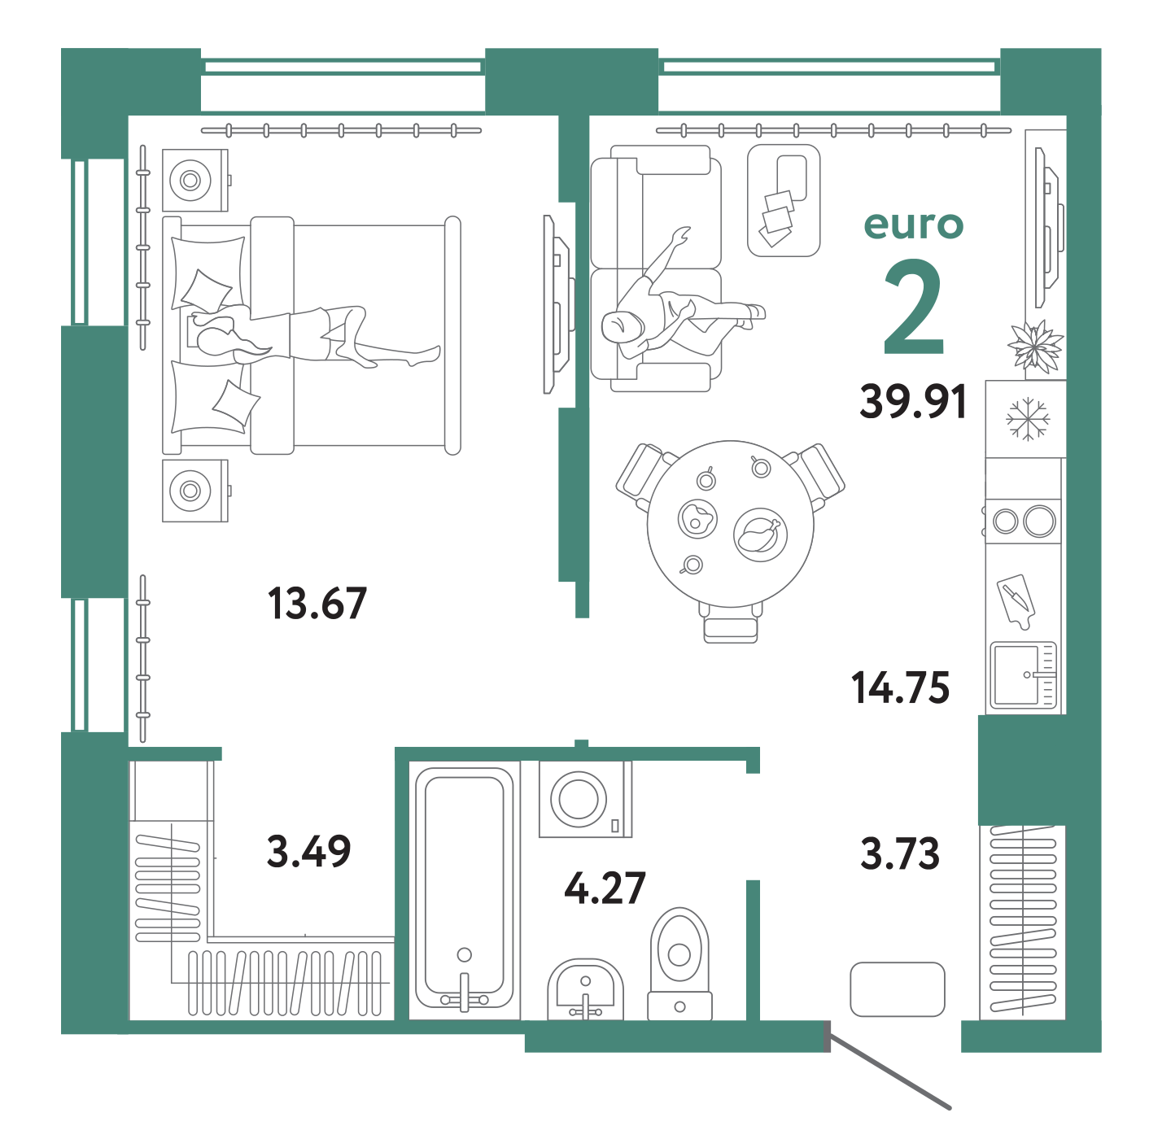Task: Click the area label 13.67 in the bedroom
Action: [x=317, y=604]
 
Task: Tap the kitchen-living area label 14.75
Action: [x=901, y=688]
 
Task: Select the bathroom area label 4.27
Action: [x=605, y=888]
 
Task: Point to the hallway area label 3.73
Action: [x=900, y=854]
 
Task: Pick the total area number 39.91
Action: [x=913, y=402]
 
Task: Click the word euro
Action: [x=913, y=225]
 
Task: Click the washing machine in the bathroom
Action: [x=584, y=799]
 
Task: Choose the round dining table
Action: [x=730, y=522]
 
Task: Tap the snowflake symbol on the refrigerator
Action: [x=1028, y=418]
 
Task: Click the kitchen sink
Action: [x=1023, y=674]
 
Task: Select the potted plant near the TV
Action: [x=1036, y=346]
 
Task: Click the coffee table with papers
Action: [x=783, y=200]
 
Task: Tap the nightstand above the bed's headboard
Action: [x=194, y=180]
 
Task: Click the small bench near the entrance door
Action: [x=897, y=989]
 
